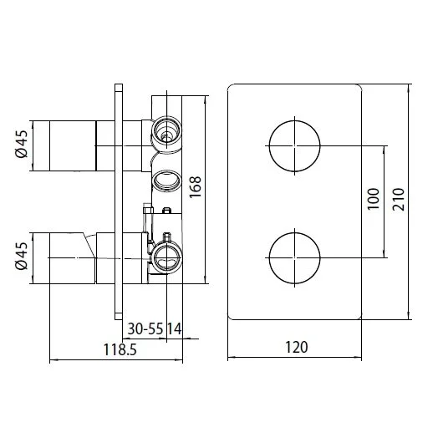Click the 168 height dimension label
196,187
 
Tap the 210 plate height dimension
399,199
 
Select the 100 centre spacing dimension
374,199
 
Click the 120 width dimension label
297,347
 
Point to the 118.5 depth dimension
120,349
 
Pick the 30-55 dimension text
145,328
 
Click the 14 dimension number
175,328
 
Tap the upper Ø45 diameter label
22,144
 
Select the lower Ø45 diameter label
22,256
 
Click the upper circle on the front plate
295,120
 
